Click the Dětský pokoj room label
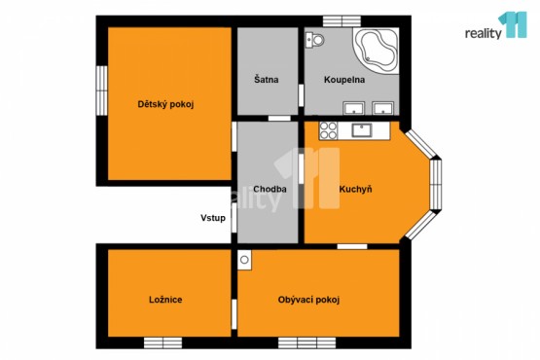pyautogui.click(x=165, y=104)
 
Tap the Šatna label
pyautogui.click(x=267, y=79)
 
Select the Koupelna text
pyautogui.click(x=344, y=80)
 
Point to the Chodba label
pyautogui.click(x=270, y=189)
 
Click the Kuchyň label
pyautogui.click(x=355, y=189)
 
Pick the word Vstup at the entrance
pyautogui.click(x=213, y=218)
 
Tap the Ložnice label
pyautogui.click(x=165, y=300)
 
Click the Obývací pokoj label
pyautogui.click(x=308, y=300)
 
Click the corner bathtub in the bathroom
pyautogui.click(x=377, y=51)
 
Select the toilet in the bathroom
pyautogui.click(x=315, y=40)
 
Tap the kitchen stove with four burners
pyautogui.click(x=328, y=131)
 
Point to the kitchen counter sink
pyautogui.click(x=361, y=130)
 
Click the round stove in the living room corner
pyautogui.click(x=244, y=260)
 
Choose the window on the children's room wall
pyautogui.click(x=101, y=90)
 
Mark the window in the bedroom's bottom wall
pyautogui.click(x=162, y=342)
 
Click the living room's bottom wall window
pyautogui.click(x=307, y=342)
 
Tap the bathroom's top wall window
pyautogui.click(x=342, y=21)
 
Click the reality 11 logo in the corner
pyautogui.click(x=496, y=26)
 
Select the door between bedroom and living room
pyautogui.click(x=234, y=314)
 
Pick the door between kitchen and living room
pyautogui.click(x=352, y=246)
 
